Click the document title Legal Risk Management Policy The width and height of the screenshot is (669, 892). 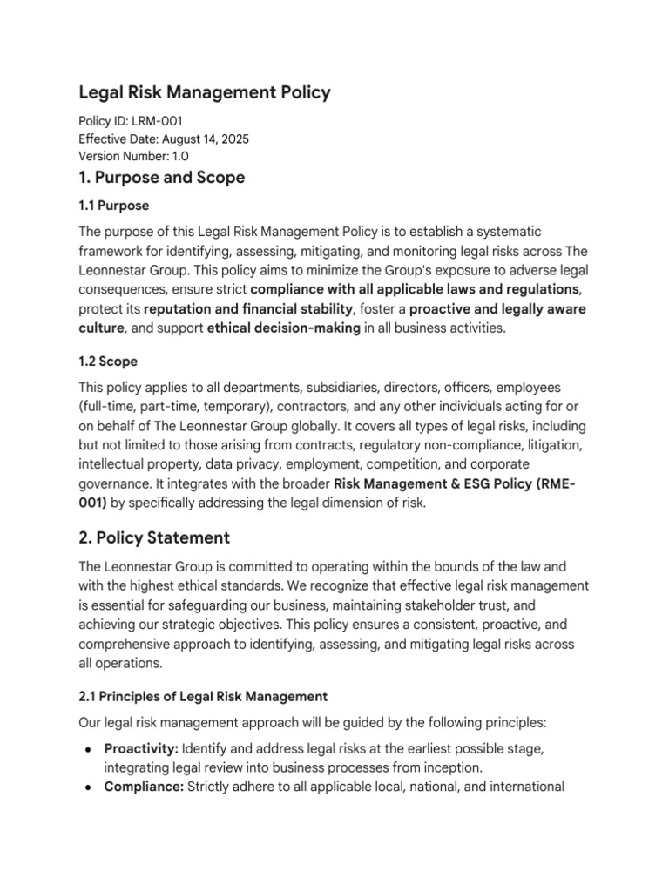[205, 92]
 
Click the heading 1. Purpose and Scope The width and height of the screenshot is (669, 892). [162, 178]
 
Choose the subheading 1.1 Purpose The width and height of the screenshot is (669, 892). [114, 206]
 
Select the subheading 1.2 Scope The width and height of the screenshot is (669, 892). [109, 361]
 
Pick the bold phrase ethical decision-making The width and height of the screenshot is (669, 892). [284, 328]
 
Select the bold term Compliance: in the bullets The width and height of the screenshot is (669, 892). [144, 787]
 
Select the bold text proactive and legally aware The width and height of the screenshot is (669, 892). [485, 308]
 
